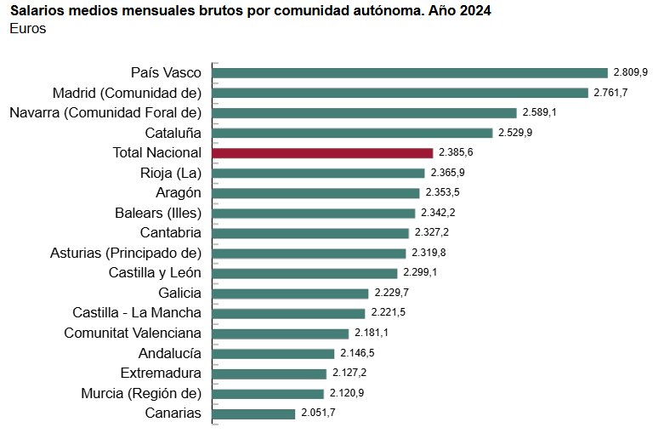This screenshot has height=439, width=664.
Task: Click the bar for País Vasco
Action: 410,73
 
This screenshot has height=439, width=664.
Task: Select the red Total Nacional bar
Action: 322,153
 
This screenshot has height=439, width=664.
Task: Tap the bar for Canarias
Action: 253,413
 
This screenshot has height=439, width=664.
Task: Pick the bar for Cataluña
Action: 352,133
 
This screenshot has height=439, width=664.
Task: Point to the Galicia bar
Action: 290,293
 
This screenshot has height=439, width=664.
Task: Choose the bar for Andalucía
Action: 273,354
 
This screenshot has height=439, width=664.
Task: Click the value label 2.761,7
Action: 611,93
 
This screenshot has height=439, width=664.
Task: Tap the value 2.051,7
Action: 318,413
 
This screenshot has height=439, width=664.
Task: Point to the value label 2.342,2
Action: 439,213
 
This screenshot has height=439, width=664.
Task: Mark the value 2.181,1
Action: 372,334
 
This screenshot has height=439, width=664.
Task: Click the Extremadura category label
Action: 161,373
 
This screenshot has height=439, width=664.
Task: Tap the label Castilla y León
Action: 155,273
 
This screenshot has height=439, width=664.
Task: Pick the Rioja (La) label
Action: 171,173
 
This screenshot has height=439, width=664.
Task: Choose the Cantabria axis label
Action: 170,232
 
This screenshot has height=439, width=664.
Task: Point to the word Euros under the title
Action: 28,29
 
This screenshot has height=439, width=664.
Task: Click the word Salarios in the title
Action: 37,10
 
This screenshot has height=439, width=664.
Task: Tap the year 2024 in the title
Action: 473,10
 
